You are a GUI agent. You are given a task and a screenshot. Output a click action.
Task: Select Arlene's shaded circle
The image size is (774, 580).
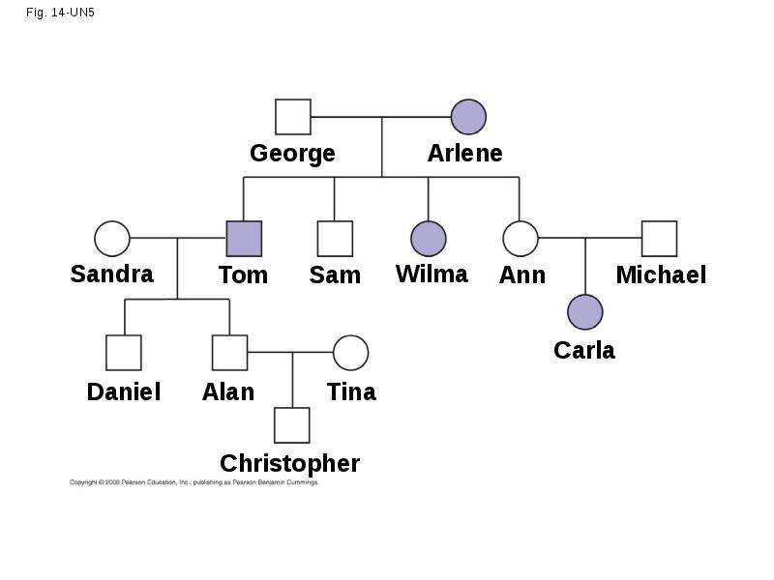click(x=468, y=117)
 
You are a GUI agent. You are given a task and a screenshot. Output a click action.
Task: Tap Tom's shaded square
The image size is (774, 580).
click(x=244, y=239)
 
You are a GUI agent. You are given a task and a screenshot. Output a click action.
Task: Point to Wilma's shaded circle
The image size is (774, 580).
click(x=429, y=238)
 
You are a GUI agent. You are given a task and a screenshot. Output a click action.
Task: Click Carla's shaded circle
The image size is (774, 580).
click(x=585, y=311)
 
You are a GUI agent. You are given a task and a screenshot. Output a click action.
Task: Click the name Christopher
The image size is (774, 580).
click(x=289, y=464)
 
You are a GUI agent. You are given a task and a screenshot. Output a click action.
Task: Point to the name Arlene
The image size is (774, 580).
click(x=465, y=153)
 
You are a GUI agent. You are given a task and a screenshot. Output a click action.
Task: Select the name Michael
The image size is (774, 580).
click(x=661, y=275)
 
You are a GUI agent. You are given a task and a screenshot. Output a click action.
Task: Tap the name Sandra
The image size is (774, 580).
click(x=112, y=274)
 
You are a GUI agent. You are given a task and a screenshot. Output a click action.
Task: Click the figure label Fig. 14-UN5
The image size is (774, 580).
click(x=60, y=13)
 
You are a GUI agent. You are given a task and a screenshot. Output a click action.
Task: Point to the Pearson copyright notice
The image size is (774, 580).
click(x=194, y=482)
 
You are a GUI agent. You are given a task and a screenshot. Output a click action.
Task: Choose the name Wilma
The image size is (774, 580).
click(x=432, y=274)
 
